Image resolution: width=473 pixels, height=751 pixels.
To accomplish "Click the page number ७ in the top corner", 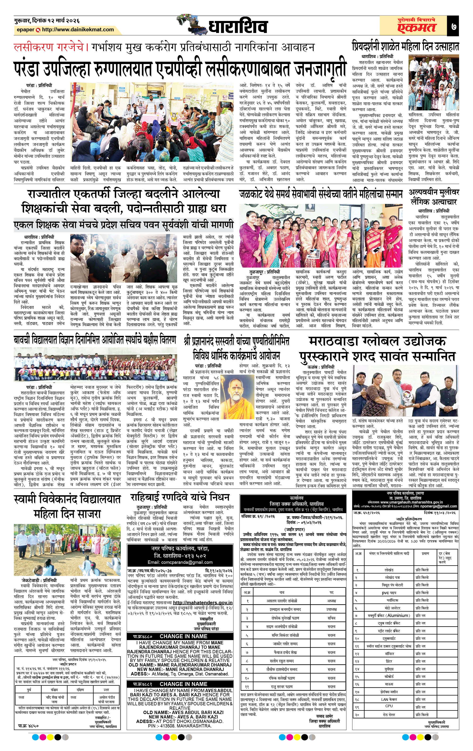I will [x=453, y=26].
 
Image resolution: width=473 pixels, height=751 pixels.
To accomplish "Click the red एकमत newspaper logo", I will [x=416, y=28].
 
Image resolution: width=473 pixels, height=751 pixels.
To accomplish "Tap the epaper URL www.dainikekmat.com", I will [x=78, y=30].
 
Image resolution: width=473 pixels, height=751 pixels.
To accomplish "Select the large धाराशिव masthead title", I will [x=238, y=27].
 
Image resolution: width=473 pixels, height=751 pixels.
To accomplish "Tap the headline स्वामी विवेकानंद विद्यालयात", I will [x=67, y=499].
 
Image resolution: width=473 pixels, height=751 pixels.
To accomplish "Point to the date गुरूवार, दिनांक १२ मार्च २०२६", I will [x=47, y=20].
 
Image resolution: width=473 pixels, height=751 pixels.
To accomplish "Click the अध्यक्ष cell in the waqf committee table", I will [x=331, y=600].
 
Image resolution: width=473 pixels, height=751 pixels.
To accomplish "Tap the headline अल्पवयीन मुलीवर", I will [x=434, y=192].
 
